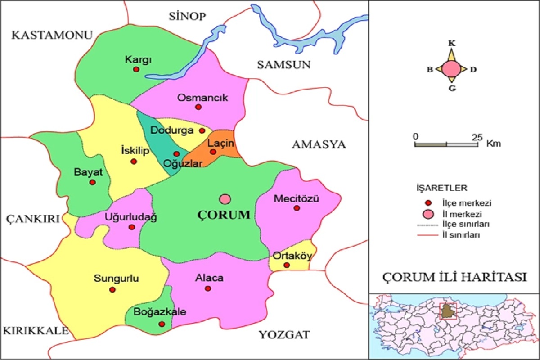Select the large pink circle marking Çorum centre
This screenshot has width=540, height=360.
(225, 199)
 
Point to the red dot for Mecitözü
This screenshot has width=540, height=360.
(297, 208)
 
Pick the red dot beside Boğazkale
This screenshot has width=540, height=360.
(162, 324)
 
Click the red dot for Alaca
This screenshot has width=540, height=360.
(208, 288)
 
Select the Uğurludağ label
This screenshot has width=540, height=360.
(130, 217)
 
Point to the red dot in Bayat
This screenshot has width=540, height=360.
(92, 182)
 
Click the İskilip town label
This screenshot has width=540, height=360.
(135, 151)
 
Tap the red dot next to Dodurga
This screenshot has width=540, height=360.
(202, 130)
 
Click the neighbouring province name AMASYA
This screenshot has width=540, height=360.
(319, 144)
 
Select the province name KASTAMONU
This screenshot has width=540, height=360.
(52, 35)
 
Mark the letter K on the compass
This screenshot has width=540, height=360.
(451, 44)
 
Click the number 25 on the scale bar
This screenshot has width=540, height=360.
(477, 136)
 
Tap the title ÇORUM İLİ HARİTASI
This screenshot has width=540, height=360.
(454, 277)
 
